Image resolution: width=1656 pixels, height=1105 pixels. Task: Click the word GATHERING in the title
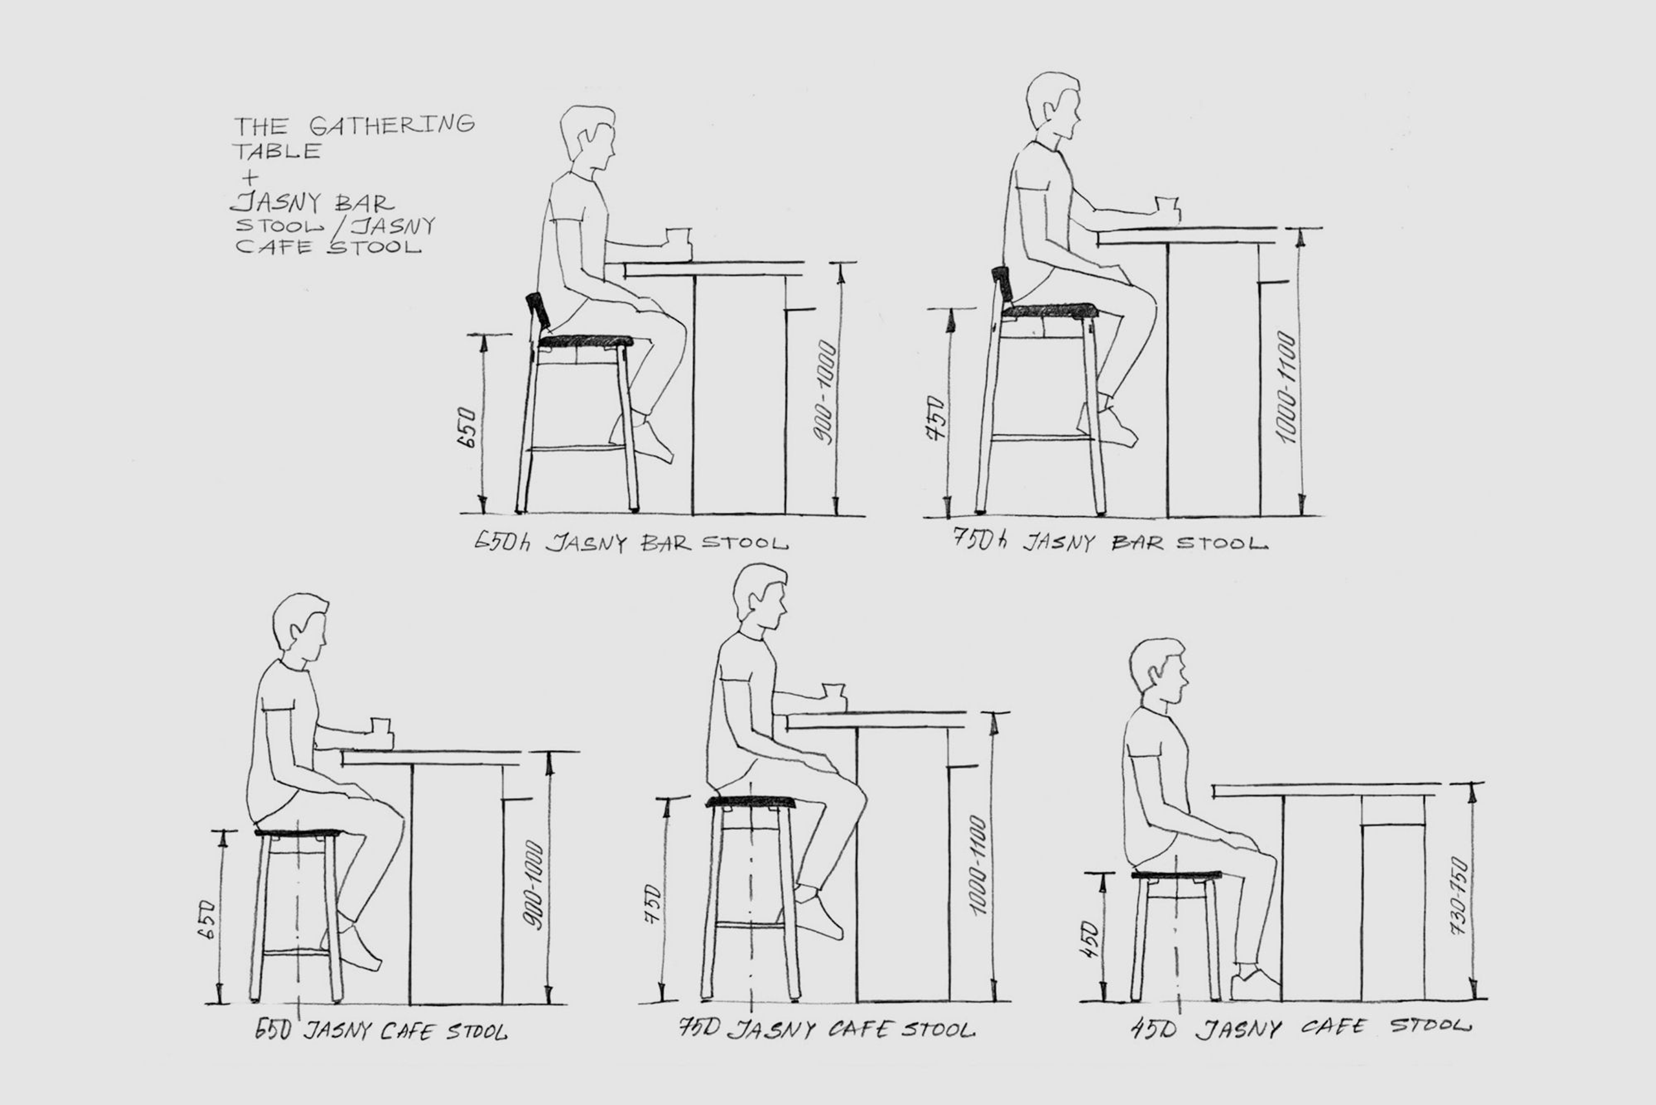(391, 125)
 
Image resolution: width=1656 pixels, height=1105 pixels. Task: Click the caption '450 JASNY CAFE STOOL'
(1301, 1028)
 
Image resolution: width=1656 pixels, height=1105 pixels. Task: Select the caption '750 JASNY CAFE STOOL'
(827, 1029)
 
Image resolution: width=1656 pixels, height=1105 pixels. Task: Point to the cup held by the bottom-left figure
(381, 731)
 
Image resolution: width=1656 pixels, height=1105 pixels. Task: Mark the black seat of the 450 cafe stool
(1176, 875)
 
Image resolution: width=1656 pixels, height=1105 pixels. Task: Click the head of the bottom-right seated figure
(1159, 671)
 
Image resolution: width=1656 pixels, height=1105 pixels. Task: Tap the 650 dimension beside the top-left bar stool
(468, 427)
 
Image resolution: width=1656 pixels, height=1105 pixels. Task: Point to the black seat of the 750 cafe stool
(751, 802)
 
